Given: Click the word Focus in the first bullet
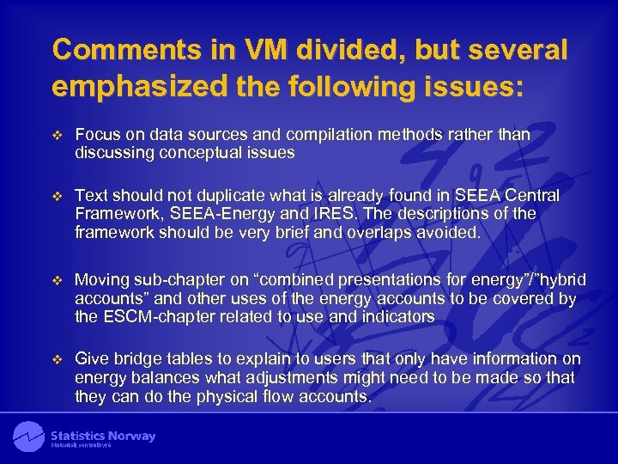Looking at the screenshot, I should (x=96, y=136).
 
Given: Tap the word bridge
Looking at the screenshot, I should (x=130, y=359).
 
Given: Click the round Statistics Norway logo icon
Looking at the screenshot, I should (x=28, y=437).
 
